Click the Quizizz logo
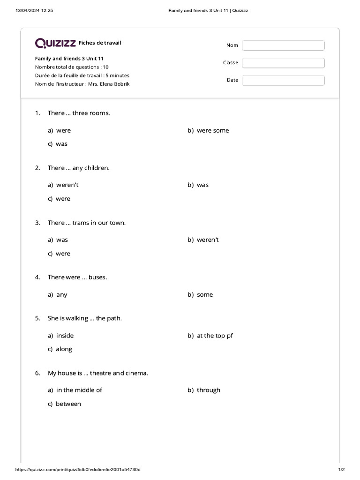pyautogui.click(x=55, y=44)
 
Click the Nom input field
pyautogui.click(x=283, y=45)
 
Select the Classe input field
pyautogui.click(x=283, y=63)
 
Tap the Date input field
pyautogui.click(x=283, y=80)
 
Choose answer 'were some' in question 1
pyautogui.click(x=213, y=130)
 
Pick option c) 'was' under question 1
pyautogui.click(x=61, y=144)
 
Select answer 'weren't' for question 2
pyautogui.click(x=67, y=185)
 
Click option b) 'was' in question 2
pyautogui.click(x=202, y=185)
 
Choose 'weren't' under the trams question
pyautogui.click(x=208, y=240)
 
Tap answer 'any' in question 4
pyautogui.click(x=61, y=294)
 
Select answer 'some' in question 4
pyautogui.click(x=205, y=294)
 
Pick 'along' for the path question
pyautogui.click(x=64, y=349)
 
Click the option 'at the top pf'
pyautogui.click(x=215, y=336)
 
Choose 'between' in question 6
pyautogui.click(x=68, y=404)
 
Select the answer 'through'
pyautogui.click(x=208, y=390)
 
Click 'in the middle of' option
pyautogui.click(x=79, y=390)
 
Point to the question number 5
pyautogui.click(x=37, y=318)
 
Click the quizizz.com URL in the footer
pyautogui.click(x=78, y=470)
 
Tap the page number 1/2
pyautogui.click(x=341, y=470)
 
